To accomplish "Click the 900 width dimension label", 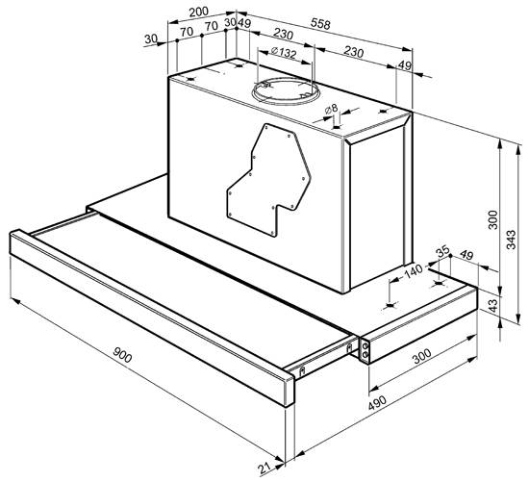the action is (x=122, y=355).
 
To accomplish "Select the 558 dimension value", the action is (x=320, y=23).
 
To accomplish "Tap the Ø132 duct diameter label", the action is (x=284, y=52).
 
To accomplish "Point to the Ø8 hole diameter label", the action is (x=331, y=109).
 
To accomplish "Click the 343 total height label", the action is (x=512, y=240).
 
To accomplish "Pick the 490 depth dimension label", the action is (x=377, y=403).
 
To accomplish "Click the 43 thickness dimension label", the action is (x=492, y=306).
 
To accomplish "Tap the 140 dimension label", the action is (x=414, y=271).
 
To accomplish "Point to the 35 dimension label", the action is (x=443, y=251).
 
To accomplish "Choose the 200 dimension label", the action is (x=199, y=13).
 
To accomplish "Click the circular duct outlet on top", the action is (x=286, y=90).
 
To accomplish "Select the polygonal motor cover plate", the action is (x=268, y=180).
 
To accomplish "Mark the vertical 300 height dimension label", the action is (x=492, y=220).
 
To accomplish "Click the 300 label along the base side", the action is (x=422, y=356).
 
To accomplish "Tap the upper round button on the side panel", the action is (x=365, y=346).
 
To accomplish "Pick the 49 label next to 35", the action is (x=466, y=255).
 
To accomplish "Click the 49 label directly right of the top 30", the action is (x=244, y=23).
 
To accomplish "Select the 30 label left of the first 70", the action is (x=151, y=39).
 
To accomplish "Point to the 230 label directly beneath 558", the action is (x=283, y=34).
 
